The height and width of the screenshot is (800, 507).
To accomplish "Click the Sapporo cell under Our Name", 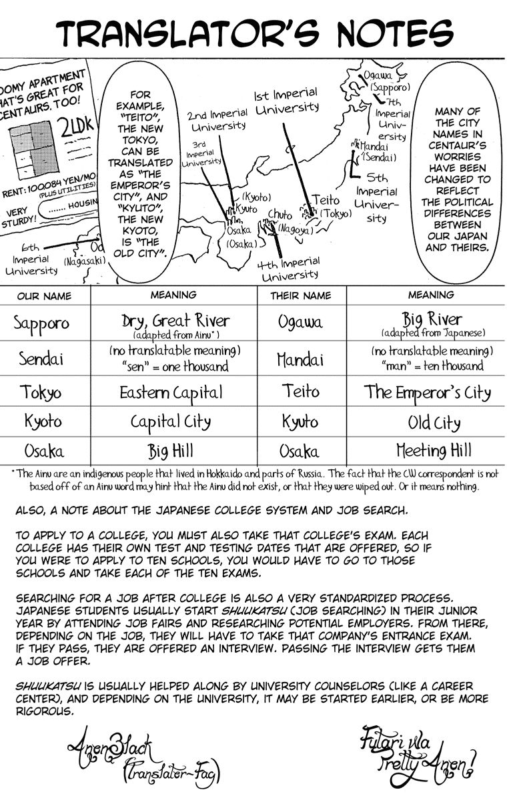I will point(41,323).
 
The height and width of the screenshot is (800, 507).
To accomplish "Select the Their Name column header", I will point(300,295).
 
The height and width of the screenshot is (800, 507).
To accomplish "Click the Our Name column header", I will point(43,295).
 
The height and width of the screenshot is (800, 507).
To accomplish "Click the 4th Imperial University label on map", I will point(288,268).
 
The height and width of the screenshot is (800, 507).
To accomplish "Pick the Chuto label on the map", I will point(280,214).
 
